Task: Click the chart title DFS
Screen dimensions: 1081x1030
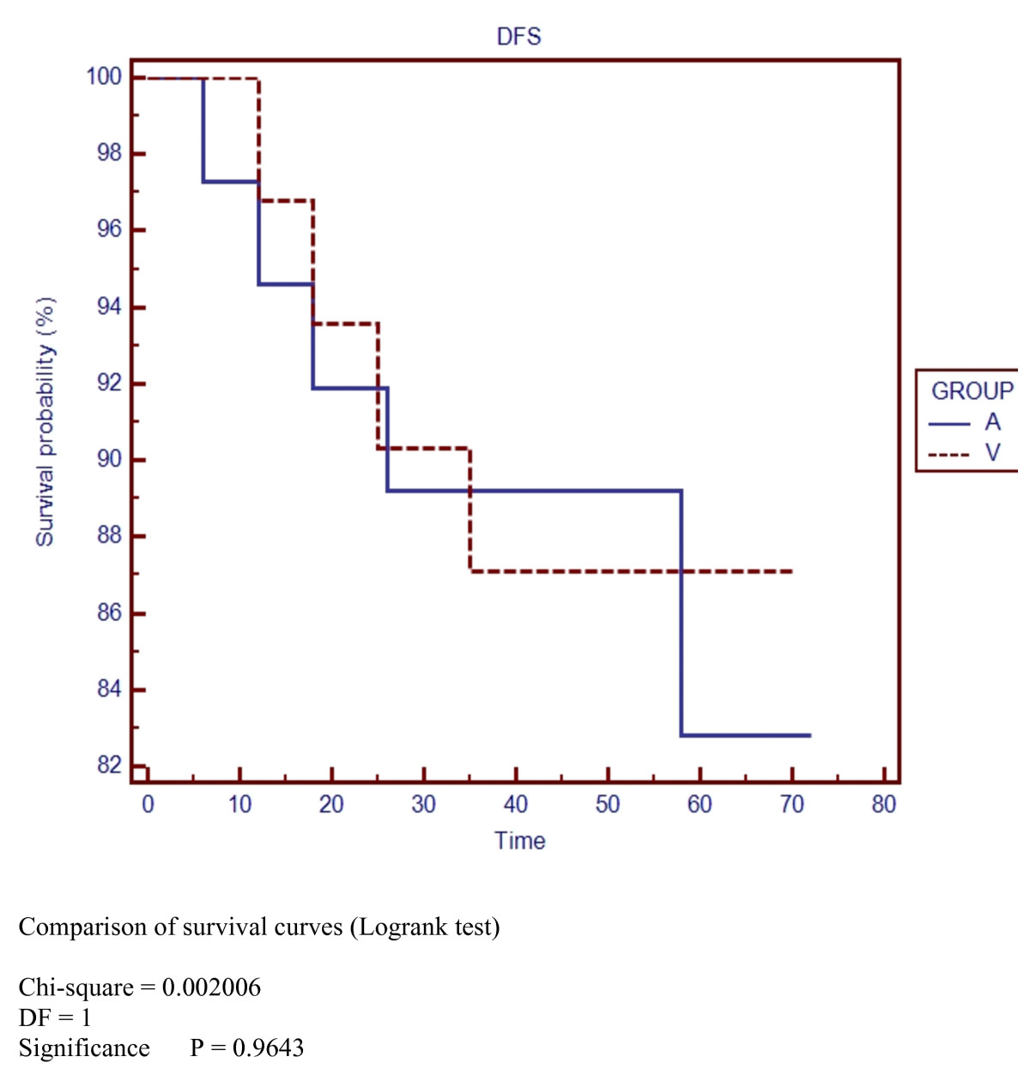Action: [519, 36]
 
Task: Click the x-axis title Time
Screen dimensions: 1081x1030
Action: [519, 841]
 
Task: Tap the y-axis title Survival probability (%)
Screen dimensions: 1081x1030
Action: [45, 421]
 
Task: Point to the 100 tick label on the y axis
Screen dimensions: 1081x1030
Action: [104, 76]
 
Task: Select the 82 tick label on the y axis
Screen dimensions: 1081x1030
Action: [109, 764]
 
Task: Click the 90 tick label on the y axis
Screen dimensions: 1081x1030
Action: [109, 459]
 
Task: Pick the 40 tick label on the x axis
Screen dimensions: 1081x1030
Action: [516, 804]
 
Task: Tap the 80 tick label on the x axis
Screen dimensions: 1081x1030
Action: [883, 804]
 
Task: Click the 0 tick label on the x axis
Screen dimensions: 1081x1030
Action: [148, 804]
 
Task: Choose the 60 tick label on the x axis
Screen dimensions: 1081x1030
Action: [700, 804]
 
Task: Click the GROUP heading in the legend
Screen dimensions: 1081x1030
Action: [972, 391]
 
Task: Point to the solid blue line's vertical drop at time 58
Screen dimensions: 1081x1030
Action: [682, 613]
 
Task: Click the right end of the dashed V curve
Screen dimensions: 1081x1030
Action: [791, 571]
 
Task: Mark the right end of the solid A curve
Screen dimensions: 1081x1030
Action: [810, 735]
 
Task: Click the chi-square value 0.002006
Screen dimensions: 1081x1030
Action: [211, 987]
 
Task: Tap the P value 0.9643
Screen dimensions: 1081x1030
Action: [268, 1048]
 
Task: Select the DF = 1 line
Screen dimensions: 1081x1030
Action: [55, 1018]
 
